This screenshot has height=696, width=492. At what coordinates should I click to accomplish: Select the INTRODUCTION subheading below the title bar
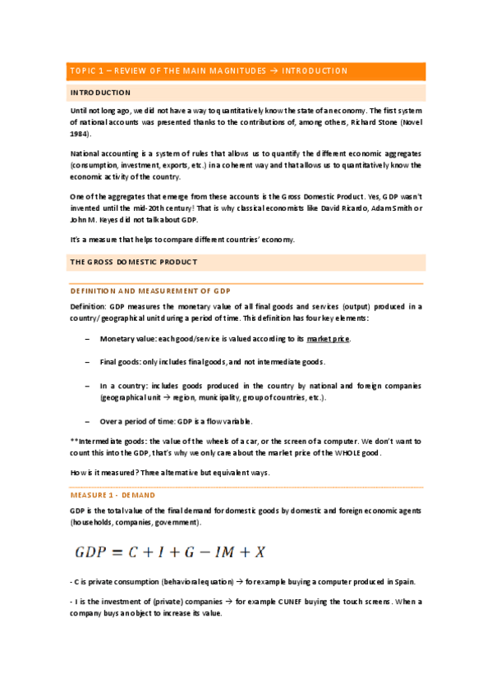click(x=100, y=93)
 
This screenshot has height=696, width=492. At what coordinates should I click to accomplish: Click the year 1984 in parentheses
click(x=80, y=133)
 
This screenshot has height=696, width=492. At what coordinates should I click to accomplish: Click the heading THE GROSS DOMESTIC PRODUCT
click(x=133, y=262)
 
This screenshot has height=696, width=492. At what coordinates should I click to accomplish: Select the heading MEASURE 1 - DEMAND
click(x=113, y=495)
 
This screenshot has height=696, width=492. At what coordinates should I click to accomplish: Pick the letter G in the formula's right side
click(x=218, y=550)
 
